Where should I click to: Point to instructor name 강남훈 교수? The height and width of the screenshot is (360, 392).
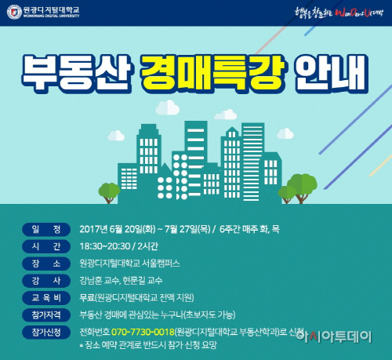[x=102, y=280]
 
